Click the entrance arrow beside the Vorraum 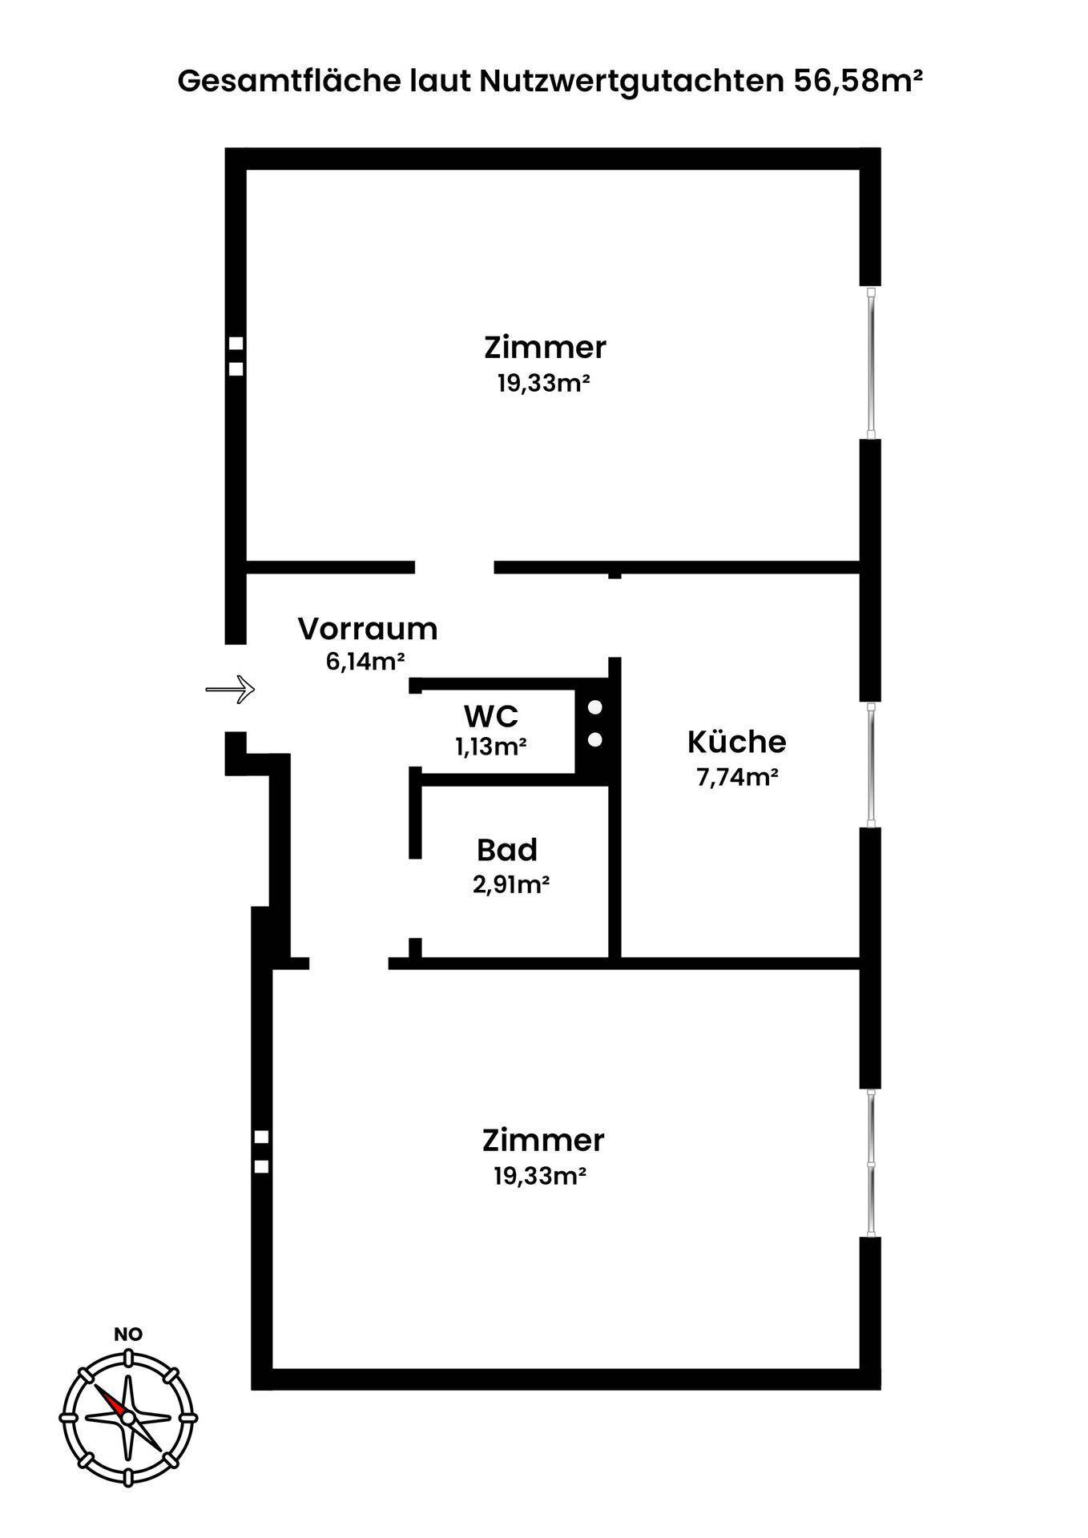(230, 689)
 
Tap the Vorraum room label (368, 629)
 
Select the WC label (491, 715)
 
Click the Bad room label (506, 849)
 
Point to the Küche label (736, 742)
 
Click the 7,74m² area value (737, 778)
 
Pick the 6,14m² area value (365, 662)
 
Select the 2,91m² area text (510, 884)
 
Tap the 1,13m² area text (490, 747)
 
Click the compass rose (128, 1416)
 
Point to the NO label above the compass (128, 1334)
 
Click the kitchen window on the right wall (871, 764)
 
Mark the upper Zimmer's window (871, 362)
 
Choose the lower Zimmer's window (871, 1163)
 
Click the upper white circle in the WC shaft (595, 708)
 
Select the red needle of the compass (112, 1400)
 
